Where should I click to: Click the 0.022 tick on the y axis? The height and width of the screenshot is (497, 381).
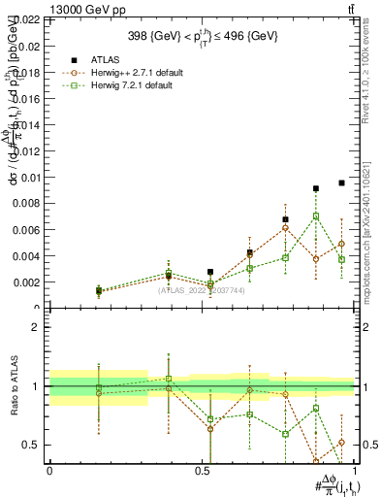[26, 19]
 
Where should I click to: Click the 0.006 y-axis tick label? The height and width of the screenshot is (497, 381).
[26, 230]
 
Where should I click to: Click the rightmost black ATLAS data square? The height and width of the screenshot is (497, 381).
[341, 182]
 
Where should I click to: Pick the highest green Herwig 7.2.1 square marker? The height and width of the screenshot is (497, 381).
[316, 216]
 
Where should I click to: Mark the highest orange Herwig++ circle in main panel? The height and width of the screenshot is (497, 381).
[285, 227]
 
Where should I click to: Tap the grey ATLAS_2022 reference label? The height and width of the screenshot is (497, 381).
[201, 290]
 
